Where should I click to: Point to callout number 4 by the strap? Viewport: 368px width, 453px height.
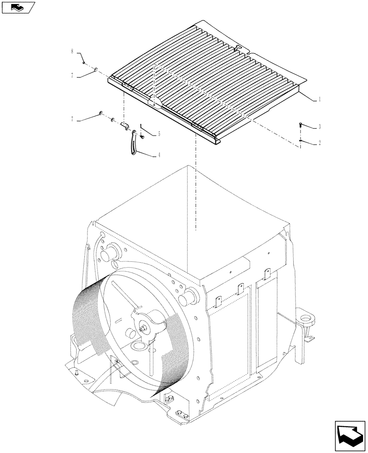tap(159, 155)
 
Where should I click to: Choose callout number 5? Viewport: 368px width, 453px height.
tap(159, 134)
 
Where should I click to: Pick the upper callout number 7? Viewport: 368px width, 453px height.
tap(72, 76)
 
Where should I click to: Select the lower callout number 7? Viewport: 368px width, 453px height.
tap(72, 120)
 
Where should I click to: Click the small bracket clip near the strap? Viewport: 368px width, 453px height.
tap(126, 125)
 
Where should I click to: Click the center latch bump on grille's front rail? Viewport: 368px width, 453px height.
tap(153, 102)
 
